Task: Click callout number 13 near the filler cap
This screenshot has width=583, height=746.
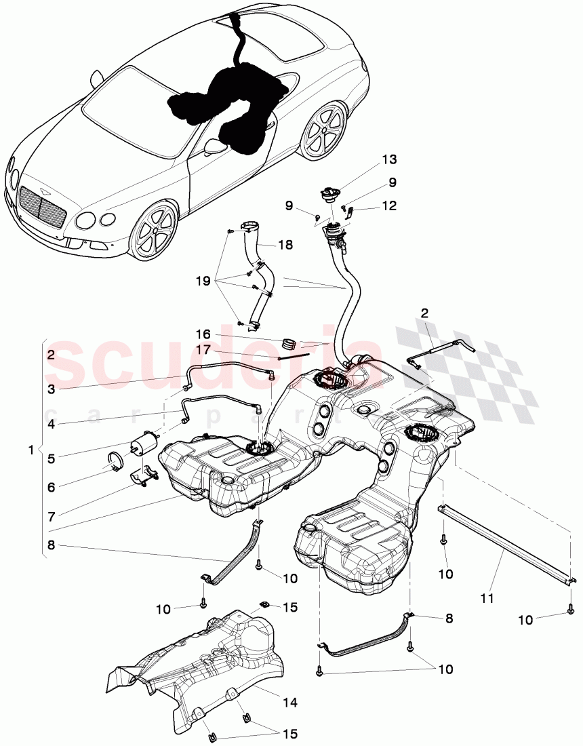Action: (x=388, y=160)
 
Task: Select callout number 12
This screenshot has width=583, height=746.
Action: (x=388, y=205)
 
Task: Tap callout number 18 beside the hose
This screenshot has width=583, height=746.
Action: (x=285, y=245)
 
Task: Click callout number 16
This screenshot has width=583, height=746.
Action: (x=204, y=334)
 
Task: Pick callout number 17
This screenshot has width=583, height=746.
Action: (x=204, y=350)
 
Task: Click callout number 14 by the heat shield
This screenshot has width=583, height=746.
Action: (x=290, y=703)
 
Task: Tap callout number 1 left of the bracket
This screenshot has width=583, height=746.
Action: (x=30, y=450)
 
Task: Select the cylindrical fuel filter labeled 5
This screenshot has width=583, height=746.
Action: (x=143, y=443)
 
